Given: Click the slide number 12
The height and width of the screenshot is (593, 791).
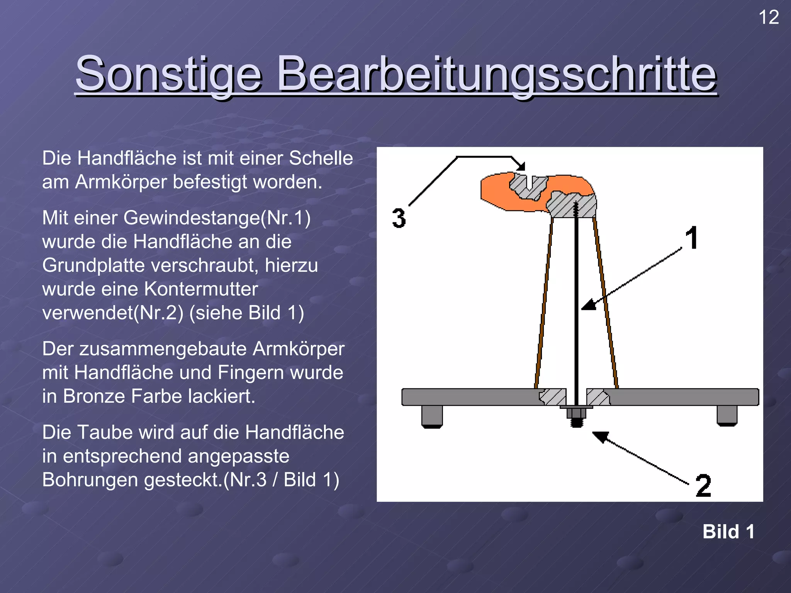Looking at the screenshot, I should tap(769, 18).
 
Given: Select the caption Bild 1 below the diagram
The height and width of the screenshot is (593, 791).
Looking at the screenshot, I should tap(728, 532).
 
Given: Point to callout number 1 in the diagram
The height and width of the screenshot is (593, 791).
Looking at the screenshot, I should tap(692, 238).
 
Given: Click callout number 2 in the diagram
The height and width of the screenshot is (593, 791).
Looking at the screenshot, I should tap(703, 486).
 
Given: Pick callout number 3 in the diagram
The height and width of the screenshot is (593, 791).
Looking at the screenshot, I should tap(399, 218).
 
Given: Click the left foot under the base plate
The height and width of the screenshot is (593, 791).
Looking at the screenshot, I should tap(432, 416).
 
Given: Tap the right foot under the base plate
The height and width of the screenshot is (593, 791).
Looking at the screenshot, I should tap(727, 415).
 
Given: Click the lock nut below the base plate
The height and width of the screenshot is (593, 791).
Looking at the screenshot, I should tap(576, 413).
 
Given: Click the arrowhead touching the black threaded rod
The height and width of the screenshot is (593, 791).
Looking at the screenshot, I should tap(588, 305).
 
